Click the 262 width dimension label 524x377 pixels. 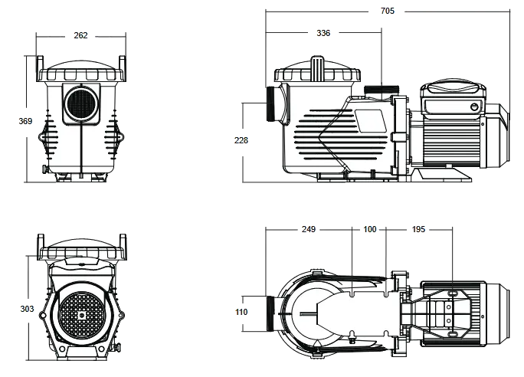coord(80,35)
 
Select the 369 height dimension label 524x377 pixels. coord(26,120)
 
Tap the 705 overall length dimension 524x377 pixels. coord(388,11)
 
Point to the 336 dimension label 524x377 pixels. coord(323,33)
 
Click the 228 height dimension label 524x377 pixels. coord(242,139)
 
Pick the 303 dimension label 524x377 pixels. coord(26,309)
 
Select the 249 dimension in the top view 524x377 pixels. coord(308,229)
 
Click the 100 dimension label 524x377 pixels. coord(370,229)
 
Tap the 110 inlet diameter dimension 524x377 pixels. coord(242,313)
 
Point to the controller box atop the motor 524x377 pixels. coord(451,97)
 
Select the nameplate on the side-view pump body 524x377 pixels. coord(370,119)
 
